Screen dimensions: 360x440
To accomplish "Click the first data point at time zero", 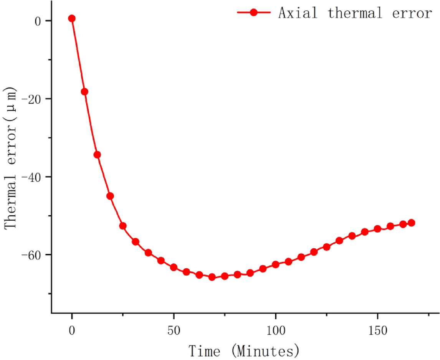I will click(x=72, y=18).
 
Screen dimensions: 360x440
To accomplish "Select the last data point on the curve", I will click(x=411, y=223).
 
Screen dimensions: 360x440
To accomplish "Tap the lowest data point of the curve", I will click(x=212, y=277).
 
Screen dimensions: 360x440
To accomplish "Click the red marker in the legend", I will click(x=253, y=12).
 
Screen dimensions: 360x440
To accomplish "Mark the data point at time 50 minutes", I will click(x=174, y=267).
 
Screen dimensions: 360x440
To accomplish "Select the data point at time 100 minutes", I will click(x=276, y=264).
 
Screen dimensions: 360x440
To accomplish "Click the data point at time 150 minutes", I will click(x=377, y=229).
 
